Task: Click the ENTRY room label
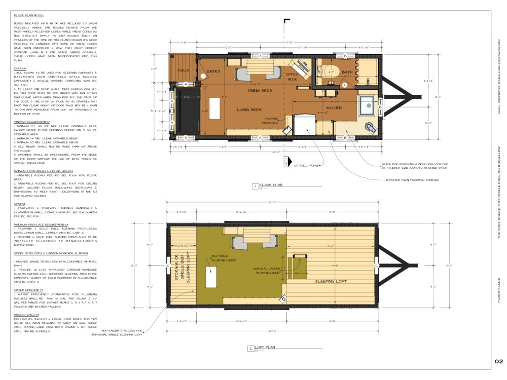213,71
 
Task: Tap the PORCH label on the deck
184,70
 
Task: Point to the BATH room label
347,72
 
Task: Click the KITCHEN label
334,108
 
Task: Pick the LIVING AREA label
249,109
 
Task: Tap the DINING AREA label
259,91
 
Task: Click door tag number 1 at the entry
203,76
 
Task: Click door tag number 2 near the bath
344,85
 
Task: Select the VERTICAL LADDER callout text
267,270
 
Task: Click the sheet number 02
498,361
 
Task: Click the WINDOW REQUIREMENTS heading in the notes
31,122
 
